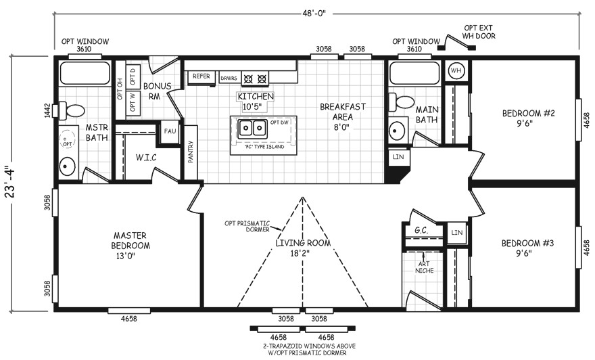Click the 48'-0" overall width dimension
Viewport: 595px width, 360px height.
[x=314, y=14]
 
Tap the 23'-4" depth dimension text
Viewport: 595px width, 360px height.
[x=11, y=181]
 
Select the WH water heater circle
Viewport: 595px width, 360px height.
[x=456, y=70]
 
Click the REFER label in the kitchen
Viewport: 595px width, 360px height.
[x=201, y=76]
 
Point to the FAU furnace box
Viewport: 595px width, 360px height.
[x=170, y=131]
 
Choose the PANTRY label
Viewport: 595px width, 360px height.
[x=191, y=152]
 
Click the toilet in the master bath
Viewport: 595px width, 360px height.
[x=71, y=110]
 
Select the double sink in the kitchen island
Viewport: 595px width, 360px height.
[x=253, y=129]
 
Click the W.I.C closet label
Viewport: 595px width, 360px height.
[x=146, y=157]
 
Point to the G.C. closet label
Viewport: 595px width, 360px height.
[x=421, y=230]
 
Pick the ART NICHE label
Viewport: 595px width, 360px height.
[x=424, y=267]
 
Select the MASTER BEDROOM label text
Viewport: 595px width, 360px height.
[x=130, y=240]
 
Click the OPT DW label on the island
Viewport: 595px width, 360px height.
[x=280, y=122]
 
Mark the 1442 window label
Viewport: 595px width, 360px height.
[x=47, y=110]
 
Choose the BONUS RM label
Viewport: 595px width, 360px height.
[x=157, y=91]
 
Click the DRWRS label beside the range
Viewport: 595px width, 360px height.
[x=229, y=78]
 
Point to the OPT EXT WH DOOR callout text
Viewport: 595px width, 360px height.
[x=479, y=32]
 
